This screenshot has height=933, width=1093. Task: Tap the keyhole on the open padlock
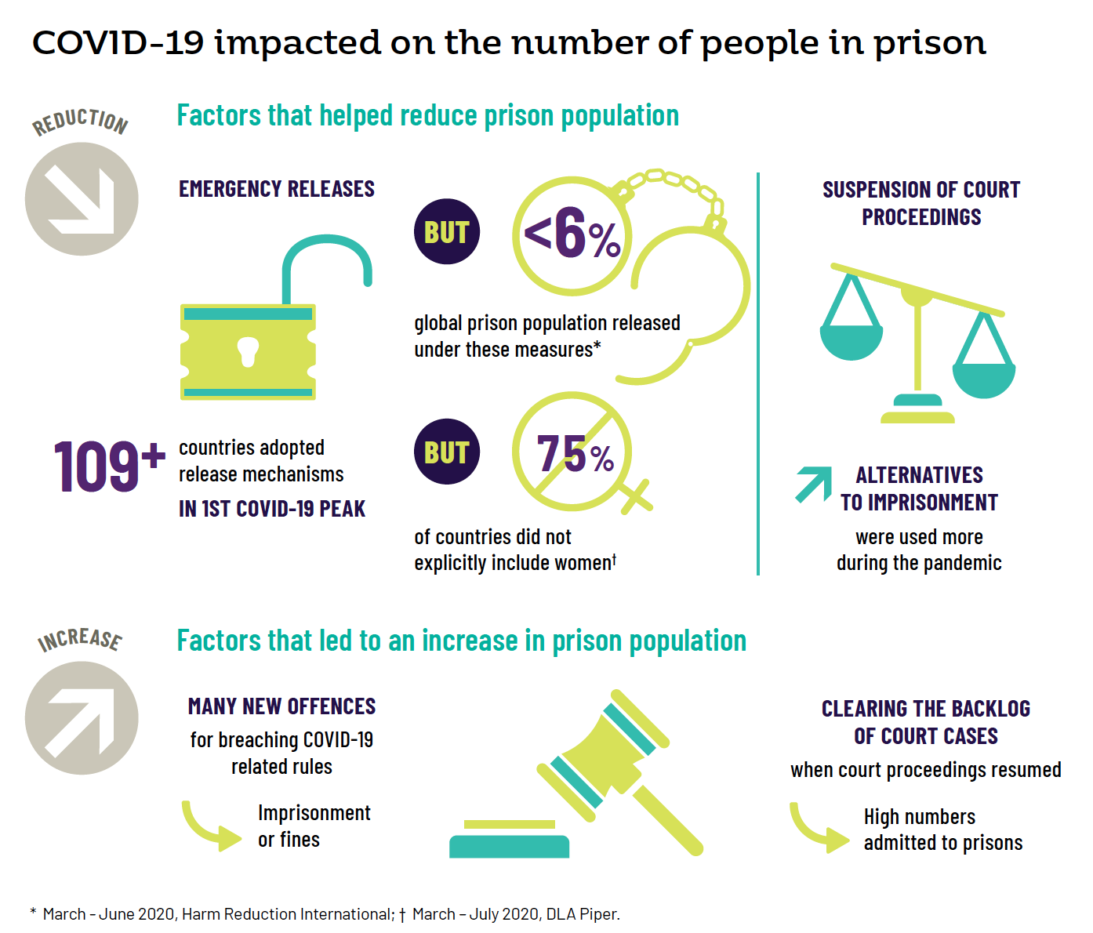pos(248,351)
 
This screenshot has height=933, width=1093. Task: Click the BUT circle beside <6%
pos(446,232)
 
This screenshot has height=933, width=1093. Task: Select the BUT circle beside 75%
pos(446,452)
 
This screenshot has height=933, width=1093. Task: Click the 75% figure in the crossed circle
pos(575,454)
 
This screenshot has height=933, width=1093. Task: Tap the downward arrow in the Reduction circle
pos(82,199)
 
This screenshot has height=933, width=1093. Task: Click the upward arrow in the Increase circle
pos(82,718)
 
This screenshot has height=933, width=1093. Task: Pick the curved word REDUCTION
pos(80,121)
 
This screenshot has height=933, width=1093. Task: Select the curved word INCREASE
pos(80,639)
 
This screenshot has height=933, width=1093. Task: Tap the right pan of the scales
pos(983,378)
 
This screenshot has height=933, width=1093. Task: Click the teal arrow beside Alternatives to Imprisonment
pos(814,484)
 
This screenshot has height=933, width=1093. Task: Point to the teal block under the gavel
pos(509,846)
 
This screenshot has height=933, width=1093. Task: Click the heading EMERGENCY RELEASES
pos(276,189)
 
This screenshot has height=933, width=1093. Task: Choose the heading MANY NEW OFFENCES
pos(281,706)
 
